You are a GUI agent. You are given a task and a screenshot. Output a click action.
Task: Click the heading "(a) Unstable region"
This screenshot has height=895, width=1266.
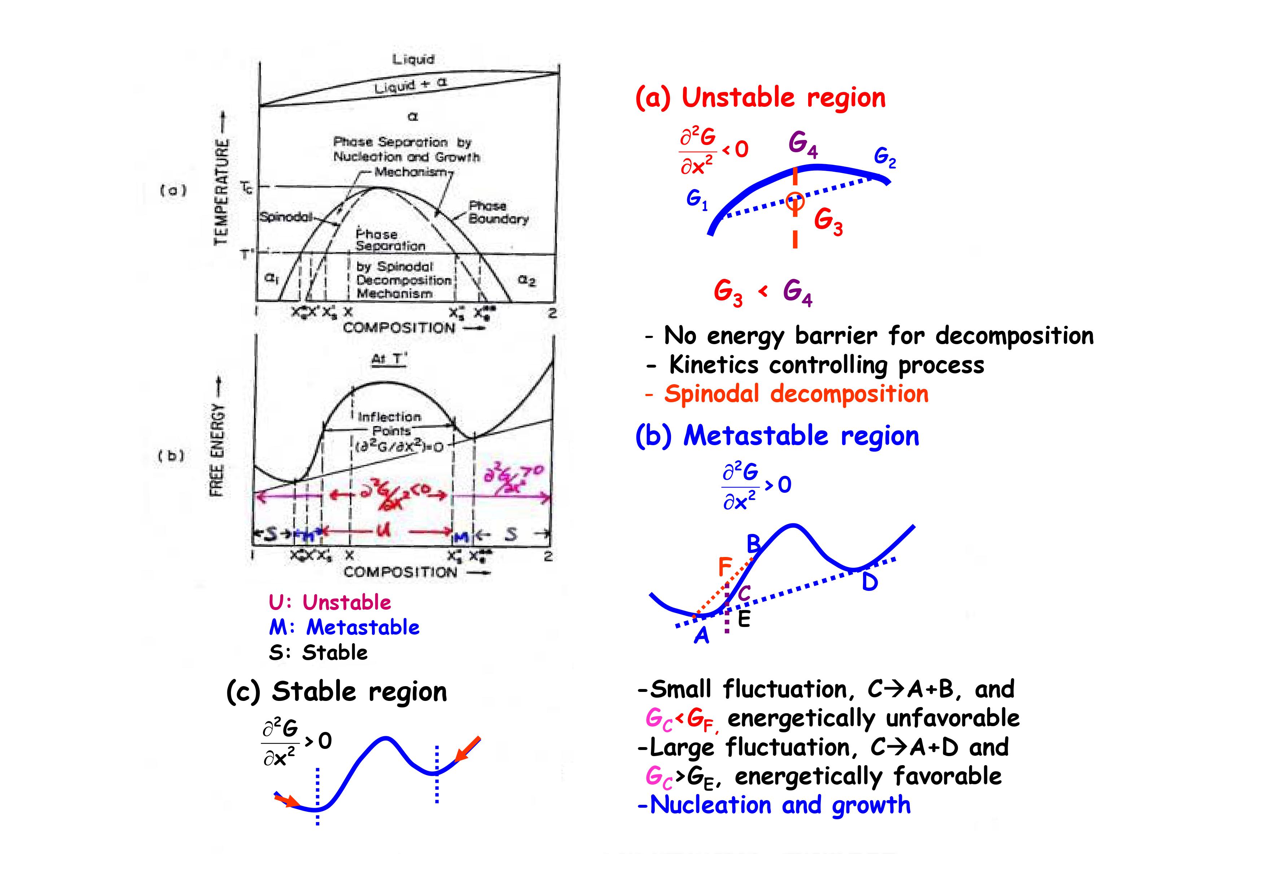click(761, 98)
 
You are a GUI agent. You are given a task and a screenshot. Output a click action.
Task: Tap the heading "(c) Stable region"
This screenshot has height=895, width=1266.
click(336, 692)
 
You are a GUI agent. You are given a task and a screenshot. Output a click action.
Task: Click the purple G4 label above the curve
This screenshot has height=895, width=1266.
click(803, 145)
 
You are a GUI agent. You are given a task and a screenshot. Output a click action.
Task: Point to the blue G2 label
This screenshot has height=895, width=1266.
click(885, 158)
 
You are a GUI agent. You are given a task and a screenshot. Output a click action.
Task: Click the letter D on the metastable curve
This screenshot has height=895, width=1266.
click(869, 582)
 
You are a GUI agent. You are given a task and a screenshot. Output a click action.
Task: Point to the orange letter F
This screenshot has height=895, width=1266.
click(725, 566)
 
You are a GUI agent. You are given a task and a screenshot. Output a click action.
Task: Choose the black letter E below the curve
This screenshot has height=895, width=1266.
click(744, 619)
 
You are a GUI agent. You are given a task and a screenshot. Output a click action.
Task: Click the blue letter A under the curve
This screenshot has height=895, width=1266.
click(701, 636)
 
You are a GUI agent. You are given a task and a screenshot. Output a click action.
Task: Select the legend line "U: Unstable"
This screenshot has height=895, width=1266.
click(330, 602)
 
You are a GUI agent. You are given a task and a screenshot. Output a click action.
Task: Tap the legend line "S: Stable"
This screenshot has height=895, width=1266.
click(318, 652)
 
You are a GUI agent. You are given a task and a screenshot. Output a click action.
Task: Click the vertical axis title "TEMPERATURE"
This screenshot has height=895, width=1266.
click(221, 191)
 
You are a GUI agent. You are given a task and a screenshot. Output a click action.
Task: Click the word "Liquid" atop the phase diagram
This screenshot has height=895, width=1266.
click(413, 59)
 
